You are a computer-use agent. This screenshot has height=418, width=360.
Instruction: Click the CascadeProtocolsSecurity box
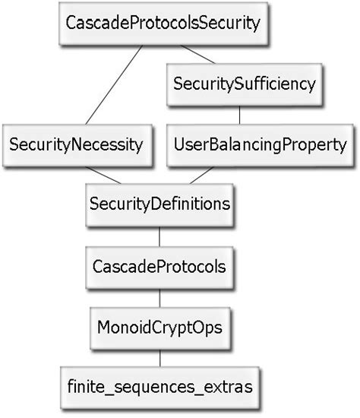point(163,23)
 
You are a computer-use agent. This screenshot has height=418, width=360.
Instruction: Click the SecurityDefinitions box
point(159,204)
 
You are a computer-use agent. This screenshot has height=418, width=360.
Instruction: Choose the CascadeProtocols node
point(159,267)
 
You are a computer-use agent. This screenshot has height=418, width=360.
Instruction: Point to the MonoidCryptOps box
point(159,328)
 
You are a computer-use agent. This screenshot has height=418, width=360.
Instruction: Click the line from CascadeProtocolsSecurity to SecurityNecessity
point(114,84)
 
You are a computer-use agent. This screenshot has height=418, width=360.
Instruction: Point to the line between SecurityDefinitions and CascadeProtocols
point(159,236)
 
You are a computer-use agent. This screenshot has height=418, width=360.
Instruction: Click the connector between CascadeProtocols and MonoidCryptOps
point(159,297)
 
